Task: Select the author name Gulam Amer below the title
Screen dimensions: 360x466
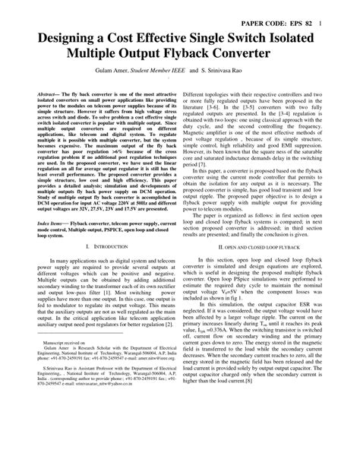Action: pos(128,78)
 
